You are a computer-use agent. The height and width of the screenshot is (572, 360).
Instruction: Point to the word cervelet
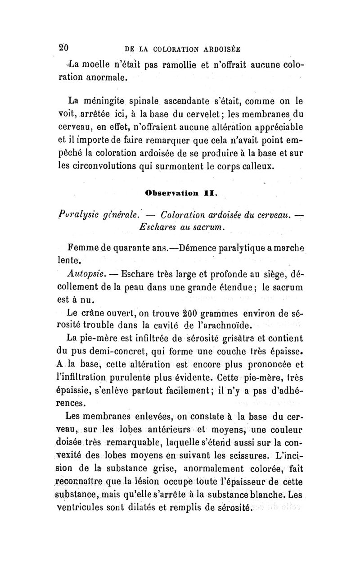click(x=213, y=110)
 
